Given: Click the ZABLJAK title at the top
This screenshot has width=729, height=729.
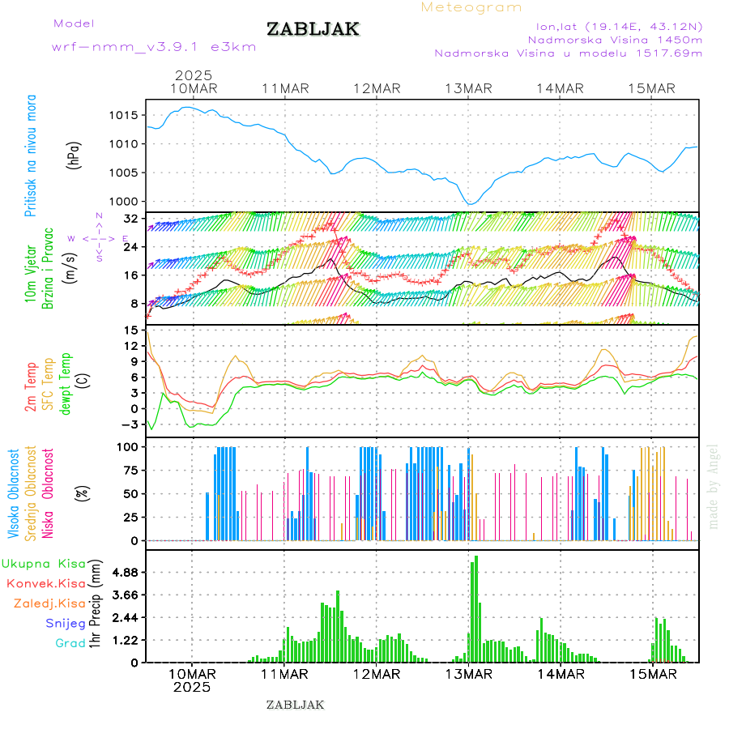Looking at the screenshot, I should pos(313,29).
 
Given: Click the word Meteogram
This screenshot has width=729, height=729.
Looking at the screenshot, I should pos(471,7).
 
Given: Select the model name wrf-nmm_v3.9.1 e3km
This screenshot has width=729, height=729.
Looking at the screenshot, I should pos(154,46).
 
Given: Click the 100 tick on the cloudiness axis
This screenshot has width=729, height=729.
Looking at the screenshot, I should pos(130,446).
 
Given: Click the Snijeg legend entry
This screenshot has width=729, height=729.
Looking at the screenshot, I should pos(65,623).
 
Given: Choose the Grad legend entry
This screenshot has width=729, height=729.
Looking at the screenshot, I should pos(70,643).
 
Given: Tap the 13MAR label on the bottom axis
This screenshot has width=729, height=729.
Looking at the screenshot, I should pos(468,674).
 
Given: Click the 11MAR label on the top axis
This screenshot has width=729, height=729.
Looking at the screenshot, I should pos(285,88).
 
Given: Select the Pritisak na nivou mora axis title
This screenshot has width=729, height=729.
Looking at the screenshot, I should pos(31,156).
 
